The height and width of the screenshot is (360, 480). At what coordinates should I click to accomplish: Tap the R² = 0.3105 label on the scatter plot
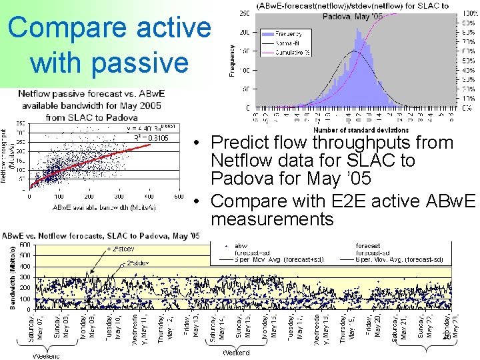(x=150, y=138)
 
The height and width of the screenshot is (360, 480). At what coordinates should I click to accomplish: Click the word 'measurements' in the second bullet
(x=272, y=219)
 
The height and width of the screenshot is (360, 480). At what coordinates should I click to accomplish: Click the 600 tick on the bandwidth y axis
(x=25, y=245)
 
